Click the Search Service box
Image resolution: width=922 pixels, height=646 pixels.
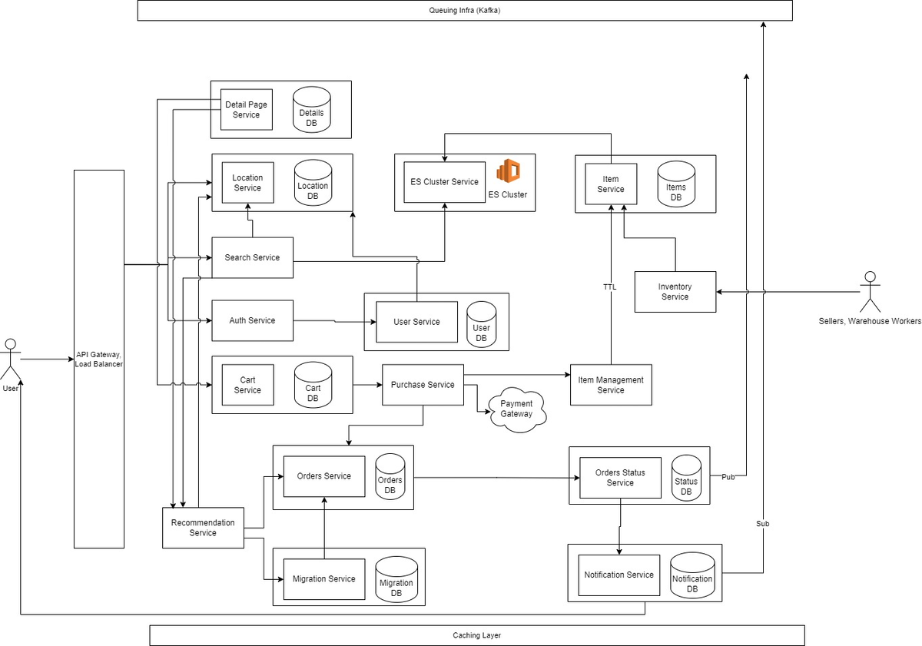[x=252, y=257]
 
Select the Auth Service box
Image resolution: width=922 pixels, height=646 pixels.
[x=252, y=320]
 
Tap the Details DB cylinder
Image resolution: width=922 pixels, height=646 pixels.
[x=311, y=111]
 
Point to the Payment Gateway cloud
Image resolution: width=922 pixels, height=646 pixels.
[x=516, y=409]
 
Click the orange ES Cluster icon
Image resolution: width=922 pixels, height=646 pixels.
[x=508, y=171]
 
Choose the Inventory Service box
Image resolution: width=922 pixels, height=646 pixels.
[x=675, y=292]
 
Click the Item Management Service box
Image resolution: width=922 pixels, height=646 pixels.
[x=610, y=385]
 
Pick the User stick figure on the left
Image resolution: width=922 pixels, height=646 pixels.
[x=11, y=359]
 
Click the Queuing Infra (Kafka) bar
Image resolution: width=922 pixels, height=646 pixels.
[x=464, y=10]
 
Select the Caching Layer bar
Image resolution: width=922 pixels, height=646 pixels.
[x=476, y=635]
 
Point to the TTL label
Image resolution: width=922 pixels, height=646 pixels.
[x=609, y=287]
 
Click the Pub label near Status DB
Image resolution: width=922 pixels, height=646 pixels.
[x=728, y=477]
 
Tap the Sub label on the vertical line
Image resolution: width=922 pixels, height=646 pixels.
[x=762, y=523]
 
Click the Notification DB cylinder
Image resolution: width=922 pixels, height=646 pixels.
[x=691, y=576]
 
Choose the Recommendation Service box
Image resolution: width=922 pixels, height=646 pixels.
[x=203, y=528]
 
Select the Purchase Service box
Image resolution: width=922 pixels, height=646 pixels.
[x=423, y=385]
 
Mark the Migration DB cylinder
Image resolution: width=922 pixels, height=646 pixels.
[x=396, y=579]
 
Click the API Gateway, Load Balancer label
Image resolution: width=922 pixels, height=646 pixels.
[x=98, y=359]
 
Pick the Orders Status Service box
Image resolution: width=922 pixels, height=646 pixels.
[x=620, y=477]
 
